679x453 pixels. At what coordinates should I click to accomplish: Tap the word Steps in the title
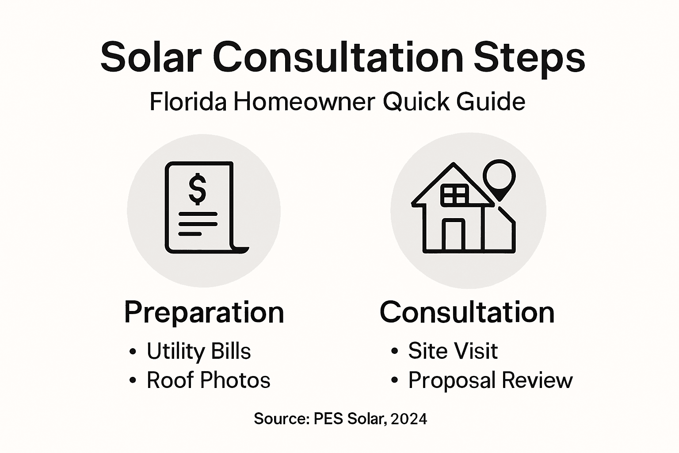pyautogui.click(x=530, y=58)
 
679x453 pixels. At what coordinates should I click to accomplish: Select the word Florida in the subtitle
pyautogui.click(x=188, y=102)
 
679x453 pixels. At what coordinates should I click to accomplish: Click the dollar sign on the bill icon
pyautogui.click(x=197, y=189)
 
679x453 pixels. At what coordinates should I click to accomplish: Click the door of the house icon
pyautogui.click(x=454, y=235)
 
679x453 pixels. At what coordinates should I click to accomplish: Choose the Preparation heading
pyautogui.click(x=204, y=312)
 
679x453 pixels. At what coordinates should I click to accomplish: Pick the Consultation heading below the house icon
pyautogui.click(x=467, y=312)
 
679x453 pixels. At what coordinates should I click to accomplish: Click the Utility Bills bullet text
pyautogui.click(x=198, y=351)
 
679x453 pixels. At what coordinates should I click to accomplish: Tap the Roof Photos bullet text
pyautogui.click(x=208, y=380)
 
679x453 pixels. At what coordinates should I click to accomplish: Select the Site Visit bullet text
pyautogui.click(x=453, y=351)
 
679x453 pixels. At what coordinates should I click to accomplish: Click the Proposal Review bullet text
pyautogui.click(x=490, y=380)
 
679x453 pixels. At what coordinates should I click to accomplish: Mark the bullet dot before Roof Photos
pyautogui.click(x=133, y=381)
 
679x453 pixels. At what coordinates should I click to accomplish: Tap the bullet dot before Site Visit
pyautogui.click(x=394, y=352)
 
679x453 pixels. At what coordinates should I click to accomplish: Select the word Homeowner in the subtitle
pyautogui.click(x=305, y=102)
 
